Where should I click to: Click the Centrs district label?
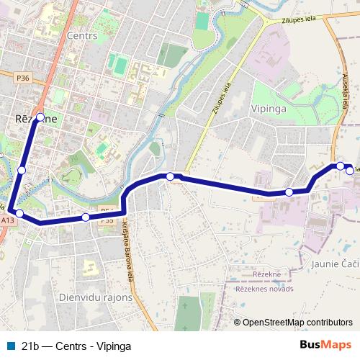[81, 35]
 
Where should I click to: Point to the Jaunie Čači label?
[335, 264]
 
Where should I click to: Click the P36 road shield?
[23, 78]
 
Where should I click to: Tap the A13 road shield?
[7, 220]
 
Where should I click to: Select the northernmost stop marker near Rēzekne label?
[40, 117]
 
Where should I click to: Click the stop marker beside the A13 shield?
[20, 213]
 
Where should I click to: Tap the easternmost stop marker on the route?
[350, 171]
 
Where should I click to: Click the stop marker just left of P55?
[86, 217]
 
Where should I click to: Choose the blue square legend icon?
[10, 346]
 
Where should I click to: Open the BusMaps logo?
[325, 345]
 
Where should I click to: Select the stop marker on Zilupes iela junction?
[170, 176]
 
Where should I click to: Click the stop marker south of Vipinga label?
[289, 192]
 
